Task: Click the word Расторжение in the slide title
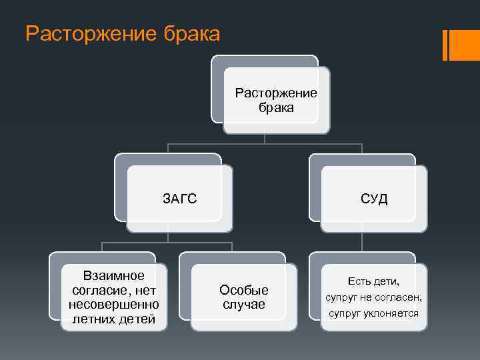pos(85,33)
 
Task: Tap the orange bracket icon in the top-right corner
pos(460,45)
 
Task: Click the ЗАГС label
pos(180,199)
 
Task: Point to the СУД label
pos(374,199)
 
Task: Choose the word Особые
pos(244,290)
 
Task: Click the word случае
pos(244,305)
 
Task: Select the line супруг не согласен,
pos(373,297)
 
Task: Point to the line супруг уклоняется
pos(373,313)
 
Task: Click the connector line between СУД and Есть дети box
pos(362,242)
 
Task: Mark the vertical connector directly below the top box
pos(265,138)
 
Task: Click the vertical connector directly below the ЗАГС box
pos(167,236)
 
